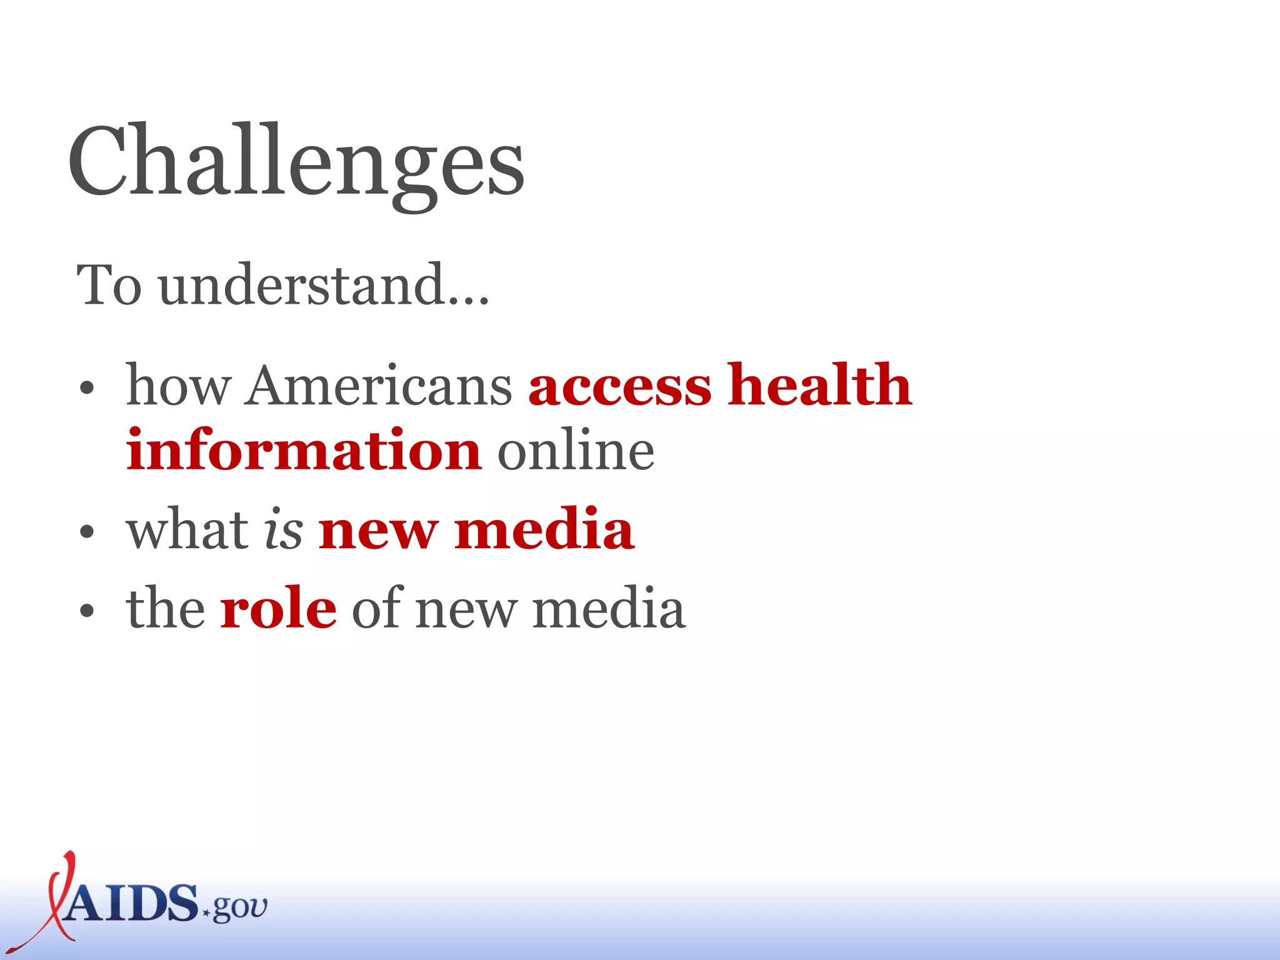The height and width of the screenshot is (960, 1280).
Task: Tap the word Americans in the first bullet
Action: (379, 386)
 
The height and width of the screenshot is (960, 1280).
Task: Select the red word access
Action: (620, 386)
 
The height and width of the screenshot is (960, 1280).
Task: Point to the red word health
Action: (820, 385)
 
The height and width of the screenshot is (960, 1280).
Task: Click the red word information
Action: (304, 450)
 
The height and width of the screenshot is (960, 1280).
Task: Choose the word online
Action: (576, 450)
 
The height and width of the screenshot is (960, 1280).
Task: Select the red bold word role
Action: (278, 609)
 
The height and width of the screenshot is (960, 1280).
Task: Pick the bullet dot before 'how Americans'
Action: (87, 389)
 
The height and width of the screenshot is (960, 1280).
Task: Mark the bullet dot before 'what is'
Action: (87, 532)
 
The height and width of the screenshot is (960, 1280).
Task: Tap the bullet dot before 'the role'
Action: (87, 611)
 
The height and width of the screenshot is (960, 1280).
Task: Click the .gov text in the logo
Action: (236, 907)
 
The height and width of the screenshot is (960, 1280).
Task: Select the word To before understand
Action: (109, 285)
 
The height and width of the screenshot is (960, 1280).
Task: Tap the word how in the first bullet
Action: (177, 386)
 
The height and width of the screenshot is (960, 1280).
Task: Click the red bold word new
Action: (377, 530)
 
